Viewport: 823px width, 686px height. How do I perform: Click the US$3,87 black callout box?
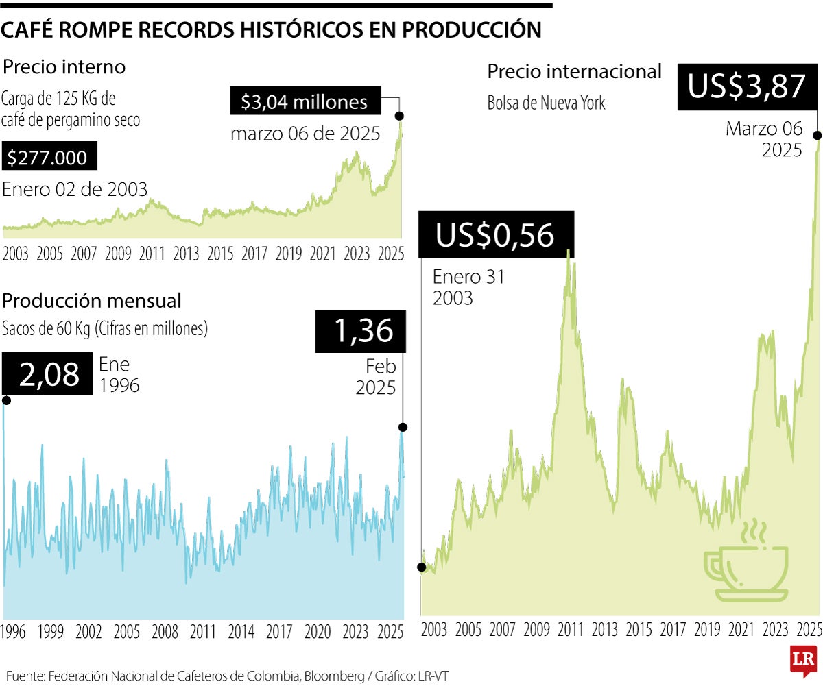(746, 87)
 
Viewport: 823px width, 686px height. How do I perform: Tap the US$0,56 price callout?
(495, 235)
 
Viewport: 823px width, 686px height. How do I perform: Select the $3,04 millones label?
(304, 102)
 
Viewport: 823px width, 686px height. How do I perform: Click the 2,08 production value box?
(49, 374)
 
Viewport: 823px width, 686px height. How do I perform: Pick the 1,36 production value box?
(360, 331)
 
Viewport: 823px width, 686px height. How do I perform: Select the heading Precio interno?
(64, 67)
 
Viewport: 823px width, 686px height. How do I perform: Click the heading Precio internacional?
(574, 71)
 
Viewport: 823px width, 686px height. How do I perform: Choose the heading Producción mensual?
(92, 300)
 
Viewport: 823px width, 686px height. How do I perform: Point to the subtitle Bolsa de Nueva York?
(546, 103)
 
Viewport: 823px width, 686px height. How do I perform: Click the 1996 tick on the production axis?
(14, 631)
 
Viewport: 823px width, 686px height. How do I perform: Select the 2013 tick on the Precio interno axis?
(186, 254)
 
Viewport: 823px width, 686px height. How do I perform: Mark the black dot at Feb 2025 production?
(403, 427)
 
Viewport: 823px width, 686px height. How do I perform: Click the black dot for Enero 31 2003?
(420, 567)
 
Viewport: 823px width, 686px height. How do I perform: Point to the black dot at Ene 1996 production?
(5, 400)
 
